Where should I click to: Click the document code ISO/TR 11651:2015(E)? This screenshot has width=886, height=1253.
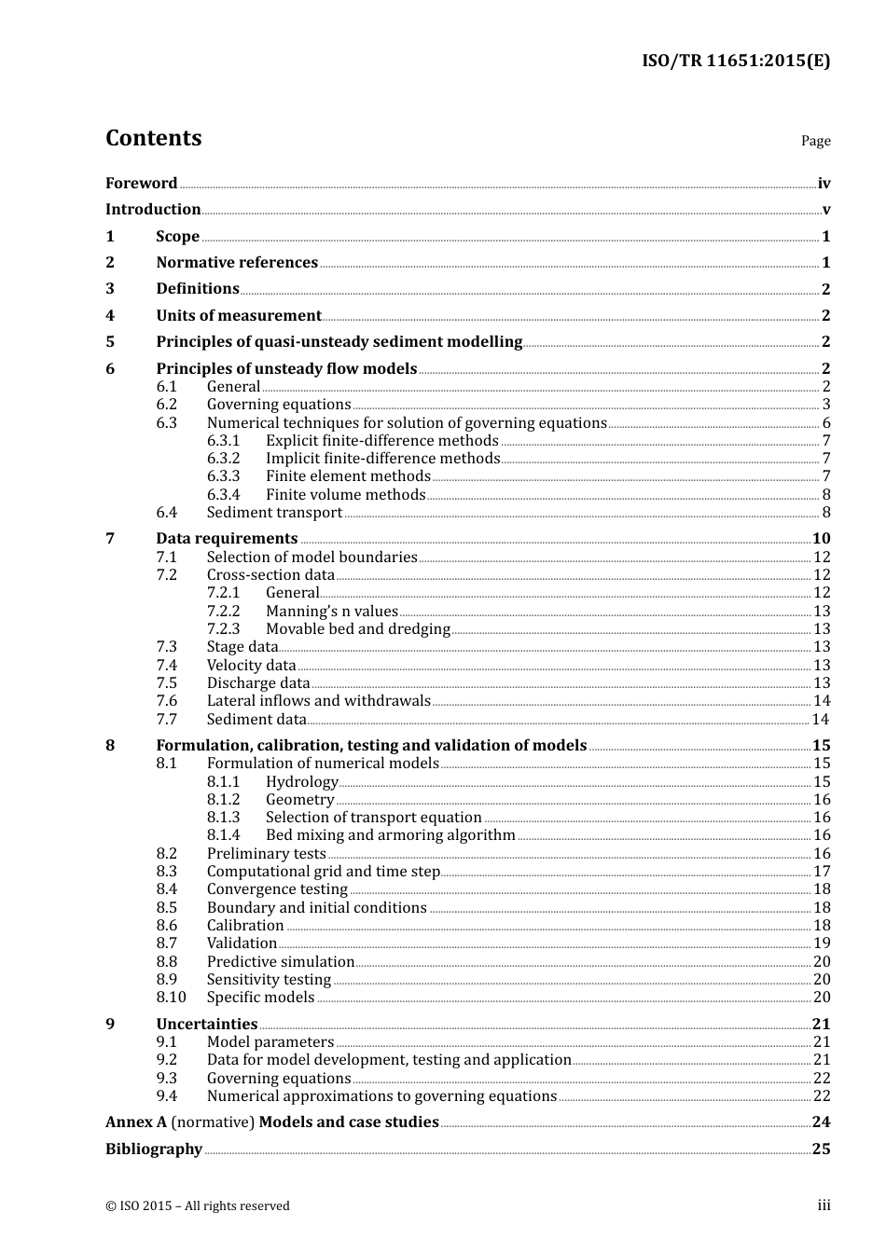[x=735, y=62]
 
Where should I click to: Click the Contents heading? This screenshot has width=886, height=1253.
[x=153, y=138]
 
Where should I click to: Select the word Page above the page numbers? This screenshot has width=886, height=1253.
[x=815, y=141]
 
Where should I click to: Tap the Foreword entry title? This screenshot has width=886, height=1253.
[x=141, y=184]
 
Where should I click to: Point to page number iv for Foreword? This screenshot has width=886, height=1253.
[x=824, y=184]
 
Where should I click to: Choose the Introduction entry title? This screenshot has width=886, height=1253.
[x=153, y=210]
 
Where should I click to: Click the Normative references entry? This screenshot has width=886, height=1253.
[x=237, y=263]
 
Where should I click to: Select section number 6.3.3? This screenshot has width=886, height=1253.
[x=223, y=476]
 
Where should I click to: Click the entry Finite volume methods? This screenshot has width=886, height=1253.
[x=345, y=495]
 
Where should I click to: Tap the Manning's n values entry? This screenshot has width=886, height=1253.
[x=331, y=612]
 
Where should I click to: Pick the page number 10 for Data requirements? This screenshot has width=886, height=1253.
[x=821, y=539]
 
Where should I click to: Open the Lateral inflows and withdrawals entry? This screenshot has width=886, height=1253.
[x=318, y=701]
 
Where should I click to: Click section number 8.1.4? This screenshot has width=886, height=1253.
[x=223, y=835]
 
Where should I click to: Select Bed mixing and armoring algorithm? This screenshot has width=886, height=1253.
[x=390, y=835]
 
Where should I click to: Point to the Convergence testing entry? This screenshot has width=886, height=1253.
[x=277, y=889]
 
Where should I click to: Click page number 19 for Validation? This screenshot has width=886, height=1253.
[x=822, y=943]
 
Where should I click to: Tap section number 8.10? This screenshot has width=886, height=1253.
[x=171, y=998]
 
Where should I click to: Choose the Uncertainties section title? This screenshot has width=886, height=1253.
[x=206, y=1025]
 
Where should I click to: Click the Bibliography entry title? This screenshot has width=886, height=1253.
[x=154, y=1150]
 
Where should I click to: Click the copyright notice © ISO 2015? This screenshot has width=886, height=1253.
[x=197, y=1206]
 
